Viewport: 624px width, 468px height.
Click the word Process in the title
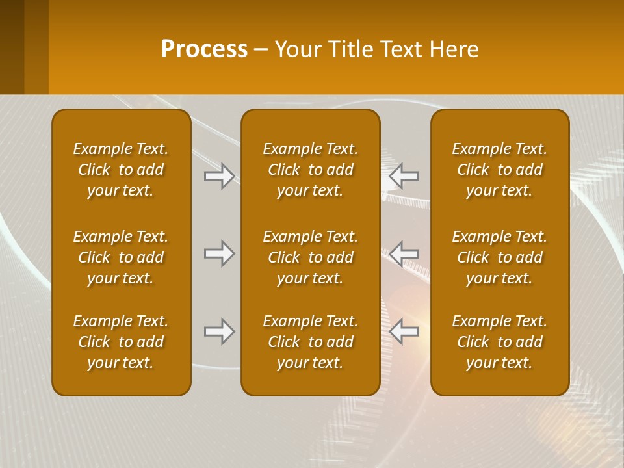tap(204, 49)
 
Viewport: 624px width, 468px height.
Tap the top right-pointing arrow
tap(220, 176)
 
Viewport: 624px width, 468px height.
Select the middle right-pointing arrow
tap(220, 253)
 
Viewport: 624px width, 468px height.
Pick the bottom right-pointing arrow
tap(220, 331)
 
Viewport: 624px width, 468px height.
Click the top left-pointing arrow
tap(404, 176)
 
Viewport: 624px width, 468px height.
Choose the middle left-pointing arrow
tap(404, 253)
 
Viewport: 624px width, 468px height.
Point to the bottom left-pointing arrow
tap(404, 331)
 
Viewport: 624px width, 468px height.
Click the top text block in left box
tap(121, 170)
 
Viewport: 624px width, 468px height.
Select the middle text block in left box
tap(121, 257)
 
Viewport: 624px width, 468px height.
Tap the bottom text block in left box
tap(121, 342)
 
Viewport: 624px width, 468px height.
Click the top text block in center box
tap(310, 170)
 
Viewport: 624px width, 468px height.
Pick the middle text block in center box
tap(310, 257)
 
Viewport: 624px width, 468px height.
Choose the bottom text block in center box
tap(310, 342)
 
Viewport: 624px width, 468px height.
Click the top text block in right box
tap(500, 170)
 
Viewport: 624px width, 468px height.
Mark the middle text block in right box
tap(500, 257)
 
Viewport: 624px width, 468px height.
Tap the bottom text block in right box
tap(500, 342)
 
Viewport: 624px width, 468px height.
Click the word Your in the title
tap(297, 49)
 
